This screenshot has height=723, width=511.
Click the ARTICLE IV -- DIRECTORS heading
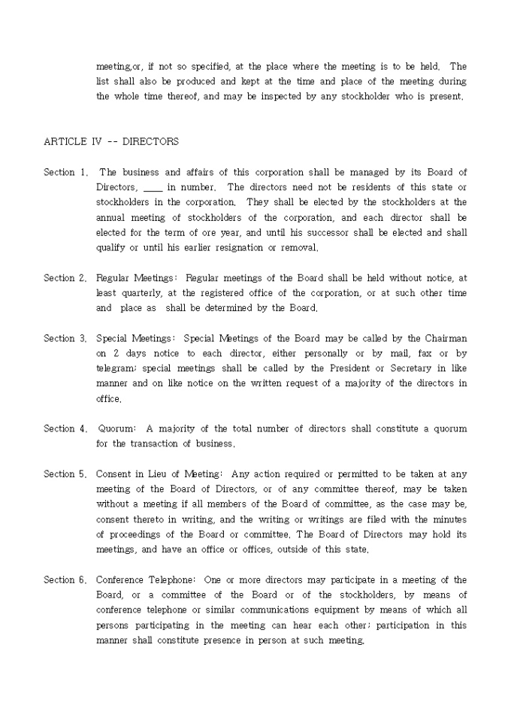(111, 141)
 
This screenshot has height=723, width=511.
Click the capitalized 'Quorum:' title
(116, 428)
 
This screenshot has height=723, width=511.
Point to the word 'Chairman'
(446, 338)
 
